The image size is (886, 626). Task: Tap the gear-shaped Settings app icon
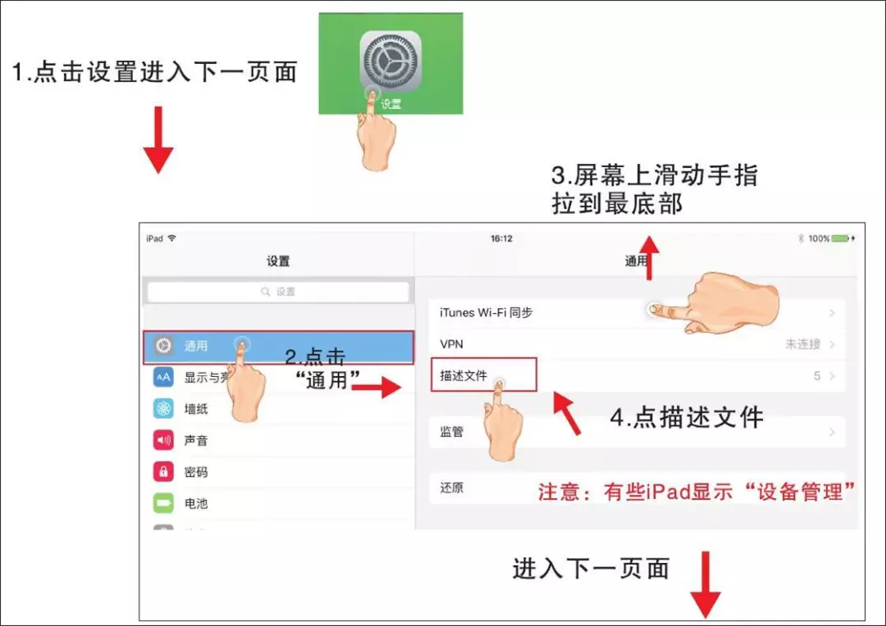point(390,62)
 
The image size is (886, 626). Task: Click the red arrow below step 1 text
point(158,139)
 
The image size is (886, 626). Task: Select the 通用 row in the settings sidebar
point(278,347)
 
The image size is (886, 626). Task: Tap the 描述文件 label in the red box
point(464,375)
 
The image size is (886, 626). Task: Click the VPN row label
point(451,344)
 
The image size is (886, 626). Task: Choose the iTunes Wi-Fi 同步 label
point(486,313)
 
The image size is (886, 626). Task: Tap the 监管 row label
point(451,432)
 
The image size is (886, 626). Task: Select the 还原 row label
point(451,488)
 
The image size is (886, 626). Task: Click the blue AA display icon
point(163,377)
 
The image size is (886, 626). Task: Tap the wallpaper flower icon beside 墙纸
point(163,408)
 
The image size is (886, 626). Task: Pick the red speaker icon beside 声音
point(163,440)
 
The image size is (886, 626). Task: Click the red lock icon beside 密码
point(163,471)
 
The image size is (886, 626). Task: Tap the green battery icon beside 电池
point(163,502)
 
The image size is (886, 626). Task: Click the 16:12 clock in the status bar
point(501,238)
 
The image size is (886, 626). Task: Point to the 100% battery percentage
point(819,238)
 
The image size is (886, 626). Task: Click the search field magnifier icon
point(265,291)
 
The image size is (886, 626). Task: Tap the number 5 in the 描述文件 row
point(817,376)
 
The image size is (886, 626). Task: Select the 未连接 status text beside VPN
point(803,344)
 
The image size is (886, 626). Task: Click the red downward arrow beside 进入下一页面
point(706,585)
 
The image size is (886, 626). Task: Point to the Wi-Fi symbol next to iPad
point(171,238)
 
